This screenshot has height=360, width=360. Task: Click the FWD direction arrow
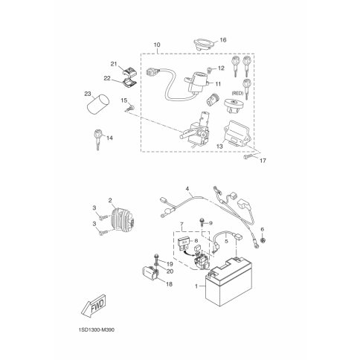[x=94, y=306]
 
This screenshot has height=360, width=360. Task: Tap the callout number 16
[x=223, y=40]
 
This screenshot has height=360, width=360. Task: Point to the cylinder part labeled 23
[x=98, y=106]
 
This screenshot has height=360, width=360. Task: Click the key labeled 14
[x=97, y=140]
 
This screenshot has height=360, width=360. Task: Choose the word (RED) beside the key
[x=237, y=94]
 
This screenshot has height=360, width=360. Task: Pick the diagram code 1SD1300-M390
[x=97, y=330]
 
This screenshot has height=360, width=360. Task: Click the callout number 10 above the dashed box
[x=157, y=45]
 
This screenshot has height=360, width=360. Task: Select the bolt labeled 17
[x=248, y=157]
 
